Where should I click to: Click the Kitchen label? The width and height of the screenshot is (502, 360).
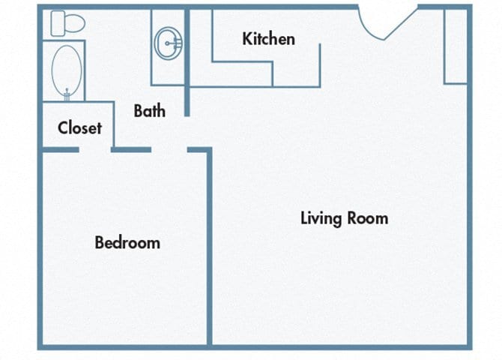268,38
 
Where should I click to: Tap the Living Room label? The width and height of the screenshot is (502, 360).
344,218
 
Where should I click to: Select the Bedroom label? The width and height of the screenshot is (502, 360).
127,242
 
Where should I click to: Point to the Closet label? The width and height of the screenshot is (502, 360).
79,127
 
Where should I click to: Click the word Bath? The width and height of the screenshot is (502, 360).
149,111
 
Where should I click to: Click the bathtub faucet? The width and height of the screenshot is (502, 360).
67,93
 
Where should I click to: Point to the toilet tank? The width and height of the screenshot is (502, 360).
57,23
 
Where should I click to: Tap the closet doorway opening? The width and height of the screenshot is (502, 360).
95,150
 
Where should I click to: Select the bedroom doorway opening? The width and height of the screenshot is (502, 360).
169,150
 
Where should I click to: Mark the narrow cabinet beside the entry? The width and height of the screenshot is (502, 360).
456,46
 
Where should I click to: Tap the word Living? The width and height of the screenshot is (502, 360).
321,218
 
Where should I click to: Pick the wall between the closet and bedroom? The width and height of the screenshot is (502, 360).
60,150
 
